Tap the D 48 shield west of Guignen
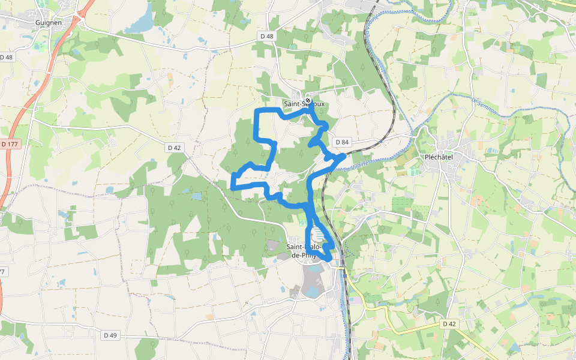pyautogui.click(x=7, y=57)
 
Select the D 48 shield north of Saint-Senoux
pyautogui.click(x=267, y=37)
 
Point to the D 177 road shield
pyautogui.click(x=10, y=144)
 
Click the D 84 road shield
pyautogui.click(x=342, y=142)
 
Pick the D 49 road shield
pyautogui.click(x=110, y=335)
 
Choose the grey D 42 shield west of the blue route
pyautogui.click(x=174, y=147)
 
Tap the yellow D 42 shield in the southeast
pyautogui.click(x=449, y=323)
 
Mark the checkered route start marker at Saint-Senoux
pyautogui.click(x=308, y=100)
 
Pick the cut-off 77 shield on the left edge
pyautogui.click(x=2, y=272)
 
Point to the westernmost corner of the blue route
pyautogui.click(x=232, y=187)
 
